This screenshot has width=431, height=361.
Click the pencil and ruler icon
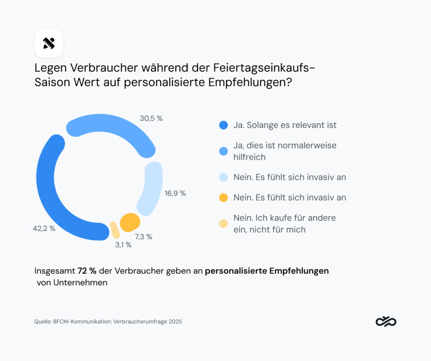(x=49, y=43)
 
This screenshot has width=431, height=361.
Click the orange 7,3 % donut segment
(x=129, y=222)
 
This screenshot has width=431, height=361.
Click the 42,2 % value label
(x=44, y=229)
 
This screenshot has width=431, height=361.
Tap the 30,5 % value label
(x=151, y=119)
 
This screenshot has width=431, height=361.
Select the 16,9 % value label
(x=175, y=194)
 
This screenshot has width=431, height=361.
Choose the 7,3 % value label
(x=144, y=237)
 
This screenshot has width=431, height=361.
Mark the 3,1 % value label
(x=122, y=245)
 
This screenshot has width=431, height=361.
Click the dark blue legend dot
(x=223, y=125)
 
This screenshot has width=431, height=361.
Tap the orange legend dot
(x=223, y=198)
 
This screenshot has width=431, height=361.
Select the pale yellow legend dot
(x=223, y=224)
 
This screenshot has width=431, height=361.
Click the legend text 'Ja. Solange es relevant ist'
(x=285, y=125)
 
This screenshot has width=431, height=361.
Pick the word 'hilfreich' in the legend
(x=249, y=157)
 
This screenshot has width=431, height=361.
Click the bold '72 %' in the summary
(x=87, y=271)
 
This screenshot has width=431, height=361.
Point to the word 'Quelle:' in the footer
(x=43, y=322)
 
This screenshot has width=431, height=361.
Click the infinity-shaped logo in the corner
(x=386, y=322)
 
